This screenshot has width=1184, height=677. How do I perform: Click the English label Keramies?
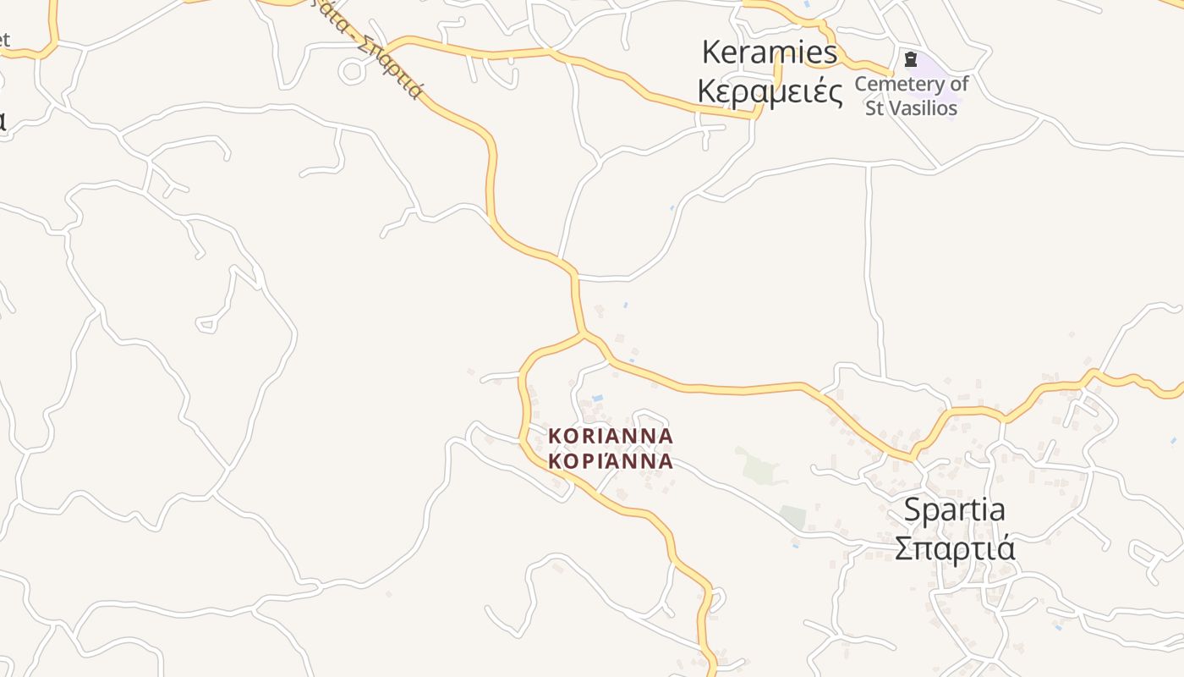click(770, 52)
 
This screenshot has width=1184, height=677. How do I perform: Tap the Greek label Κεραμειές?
click(770, 91)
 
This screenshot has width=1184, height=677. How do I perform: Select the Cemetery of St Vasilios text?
click(911, 96)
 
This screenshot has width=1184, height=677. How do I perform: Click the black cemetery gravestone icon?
click(910, 59)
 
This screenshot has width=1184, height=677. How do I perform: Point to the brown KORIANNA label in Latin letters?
click(611, 437)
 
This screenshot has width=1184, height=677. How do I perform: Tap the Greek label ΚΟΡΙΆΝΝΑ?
click(611, 462)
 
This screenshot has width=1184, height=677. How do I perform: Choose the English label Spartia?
click(954, 510)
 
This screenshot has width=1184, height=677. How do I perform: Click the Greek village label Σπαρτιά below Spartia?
click(954, 548)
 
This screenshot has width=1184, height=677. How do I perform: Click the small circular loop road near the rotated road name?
click(352, 72)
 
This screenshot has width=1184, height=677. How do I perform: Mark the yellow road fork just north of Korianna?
click(584, 336)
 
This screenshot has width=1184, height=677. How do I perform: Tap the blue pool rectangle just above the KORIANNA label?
click(598, 398)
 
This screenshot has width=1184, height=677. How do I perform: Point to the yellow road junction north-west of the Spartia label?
click(913, 458)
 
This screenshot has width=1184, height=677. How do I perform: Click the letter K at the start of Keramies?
click(711, 52)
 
